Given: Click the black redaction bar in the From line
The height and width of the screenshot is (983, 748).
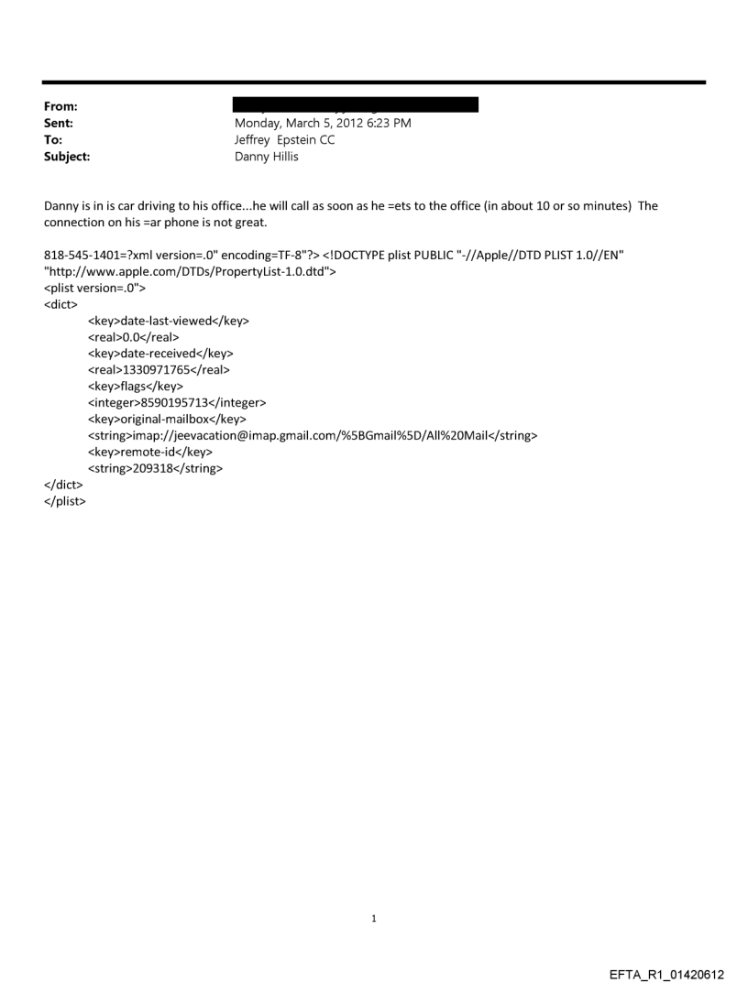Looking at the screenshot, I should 357,105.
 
